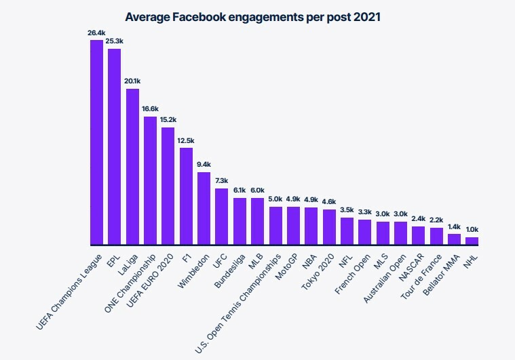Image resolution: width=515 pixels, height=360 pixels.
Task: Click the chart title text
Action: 253,16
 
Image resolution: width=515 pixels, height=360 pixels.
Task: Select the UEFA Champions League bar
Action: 96,142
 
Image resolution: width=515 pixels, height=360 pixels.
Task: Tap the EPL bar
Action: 114,146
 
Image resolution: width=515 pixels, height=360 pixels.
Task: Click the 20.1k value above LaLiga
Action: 132,81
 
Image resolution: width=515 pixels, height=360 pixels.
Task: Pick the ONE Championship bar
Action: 150,180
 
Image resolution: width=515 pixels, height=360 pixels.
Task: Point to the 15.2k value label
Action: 168,119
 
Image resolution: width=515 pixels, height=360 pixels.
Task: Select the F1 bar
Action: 185,196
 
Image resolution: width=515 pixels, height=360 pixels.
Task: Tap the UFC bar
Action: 221,216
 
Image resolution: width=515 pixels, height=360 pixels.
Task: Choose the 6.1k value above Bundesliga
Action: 239,190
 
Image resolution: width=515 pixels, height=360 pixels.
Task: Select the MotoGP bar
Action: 292,226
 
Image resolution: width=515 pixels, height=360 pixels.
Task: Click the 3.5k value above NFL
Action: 347,210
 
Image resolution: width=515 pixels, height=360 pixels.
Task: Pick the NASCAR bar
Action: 418,235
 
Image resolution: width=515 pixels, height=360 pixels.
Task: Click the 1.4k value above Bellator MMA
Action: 454,226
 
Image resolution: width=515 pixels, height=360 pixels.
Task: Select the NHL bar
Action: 472,241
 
